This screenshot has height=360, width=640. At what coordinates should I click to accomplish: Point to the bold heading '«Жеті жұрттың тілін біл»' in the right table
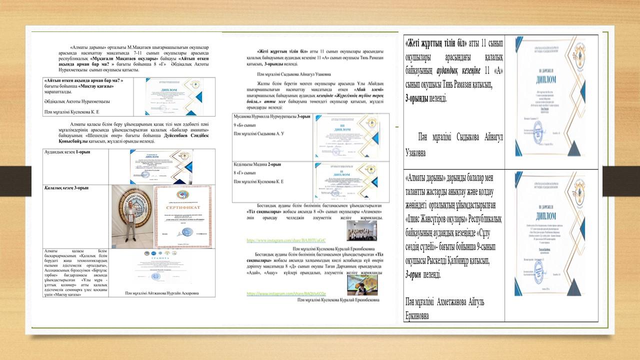click(x=436, y=41)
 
